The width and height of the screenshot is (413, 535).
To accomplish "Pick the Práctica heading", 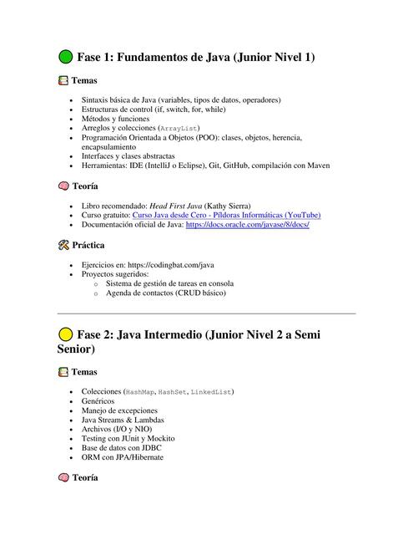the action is [88, 246].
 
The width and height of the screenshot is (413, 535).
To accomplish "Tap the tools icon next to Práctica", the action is [63, 246].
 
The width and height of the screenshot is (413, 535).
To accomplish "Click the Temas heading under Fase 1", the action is [84, 81].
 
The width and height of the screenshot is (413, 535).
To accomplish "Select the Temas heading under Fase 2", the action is [84, 372].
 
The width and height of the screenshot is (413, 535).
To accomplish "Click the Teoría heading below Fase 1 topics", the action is [86, 186].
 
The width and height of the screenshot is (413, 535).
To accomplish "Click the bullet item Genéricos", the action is [100, 401].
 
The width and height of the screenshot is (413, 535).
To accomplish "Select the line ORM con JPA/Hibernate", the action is [123, 457].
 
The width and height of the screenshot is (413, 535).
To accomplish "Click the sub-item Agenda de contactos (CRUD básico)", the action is [166, 293].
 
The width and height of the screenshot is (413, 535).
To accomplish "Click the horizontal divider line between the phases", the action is [206, 313].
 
